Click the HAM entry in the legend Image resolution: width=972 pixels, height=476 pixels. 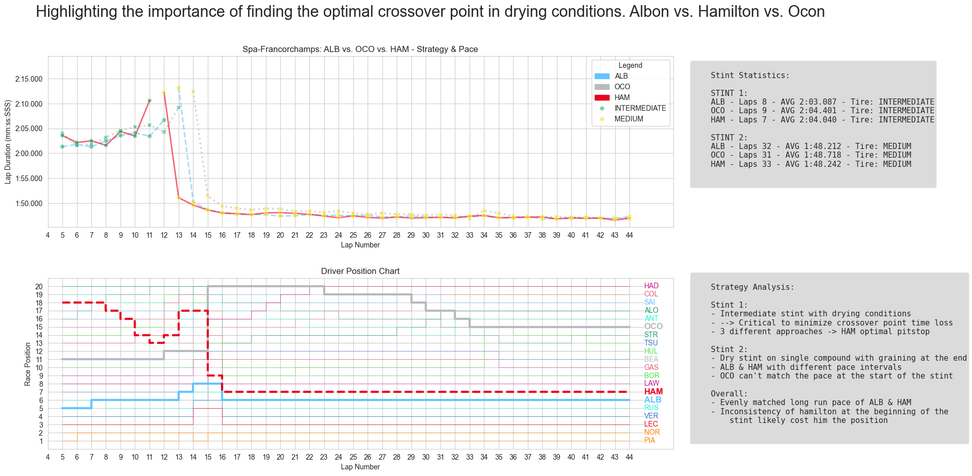pos(622,97)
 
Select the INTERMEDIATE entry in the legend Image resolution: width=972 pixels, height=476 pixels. pos(640,108)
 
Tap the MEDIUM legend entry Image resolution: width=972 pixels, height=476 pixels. pos(628,119)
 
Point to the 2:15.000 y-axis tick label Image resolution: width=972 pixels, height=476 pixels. pos(29,79)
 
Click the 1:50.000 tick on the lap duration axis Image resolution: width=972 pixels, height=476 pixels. pos(29,204)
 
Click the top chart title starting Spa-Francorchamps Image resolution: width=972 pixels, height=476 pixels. pos(360,49)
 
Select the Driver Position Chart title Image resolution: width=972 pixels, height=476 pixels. pos(360,271)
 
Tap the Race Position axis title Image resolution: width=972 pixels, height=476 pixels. pos(28,364)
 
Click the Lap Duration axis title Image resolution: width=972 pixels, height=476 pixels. pos(8,142)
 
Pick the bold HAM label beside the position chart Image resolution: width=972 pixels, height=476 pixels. pos(653,392)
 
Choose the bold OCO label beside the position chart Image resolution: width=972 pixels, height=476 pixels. pos(653,327)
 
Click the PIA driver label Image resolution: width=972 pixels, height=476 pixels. pos(649,440)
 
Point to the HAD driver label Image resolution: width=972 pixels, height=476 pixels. pos(651,286)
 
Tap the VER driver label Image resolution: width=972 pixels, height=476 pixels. pos(651,416)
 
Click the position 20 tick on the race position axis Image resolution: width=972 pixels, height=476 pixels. pos(39,287)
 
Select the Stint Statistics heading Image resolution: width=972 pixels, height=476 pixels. pos(749,76)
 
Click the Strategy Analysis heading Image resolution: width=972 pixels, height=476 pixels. pos(752,287)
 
